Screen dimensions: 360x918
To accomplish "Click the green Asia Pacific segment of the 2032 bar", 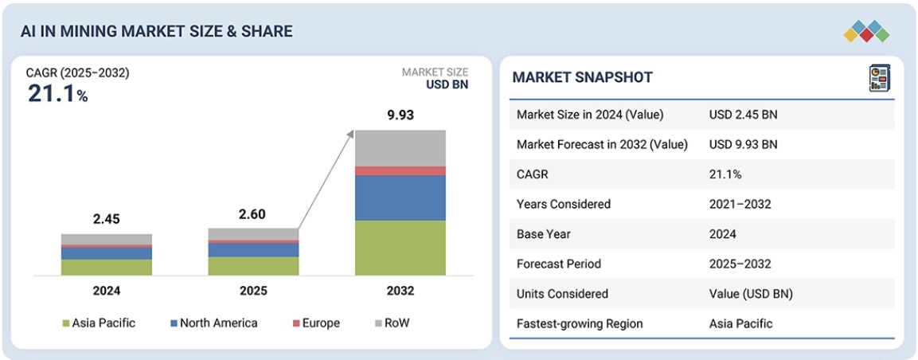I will (x=400, y=248).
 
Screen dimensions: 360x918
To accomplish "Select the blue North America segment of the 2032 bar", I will (x=400, y=198).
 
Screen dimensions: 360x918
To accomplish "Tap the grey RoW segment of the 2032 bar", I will (x=400, y=147).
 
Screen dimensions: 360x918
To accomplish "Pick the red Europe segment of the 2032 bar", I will (x=400, y=170).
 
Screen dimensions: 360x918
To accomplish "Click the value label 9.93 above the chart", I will (x=400, y=115).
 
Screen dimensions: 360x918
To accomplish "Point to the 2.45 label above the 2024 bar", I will (x=106, y=219).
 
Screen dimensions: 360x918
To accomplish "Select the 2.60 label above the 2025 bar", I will (x=253, y=213).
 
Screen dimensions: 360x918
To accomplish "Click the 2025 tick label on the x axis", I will (x=253, y=291).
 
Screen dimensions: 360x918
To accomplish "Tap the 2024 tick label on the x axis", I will (x=106, y=291).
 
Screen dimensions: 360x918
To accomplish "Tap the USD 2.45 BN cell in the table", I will (x=743, y=115).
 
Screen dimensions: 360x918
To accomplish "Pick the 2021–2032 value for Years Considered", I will (x=740, y=204).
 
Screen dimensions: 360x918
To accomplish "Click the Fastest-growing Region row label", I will (x=580, y=323).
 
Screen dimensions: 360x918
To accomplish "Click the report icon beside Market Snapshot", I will (x=878, y=77).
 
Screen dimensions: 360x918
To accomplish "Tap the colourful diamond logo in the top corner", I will (x=866, y=31).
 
